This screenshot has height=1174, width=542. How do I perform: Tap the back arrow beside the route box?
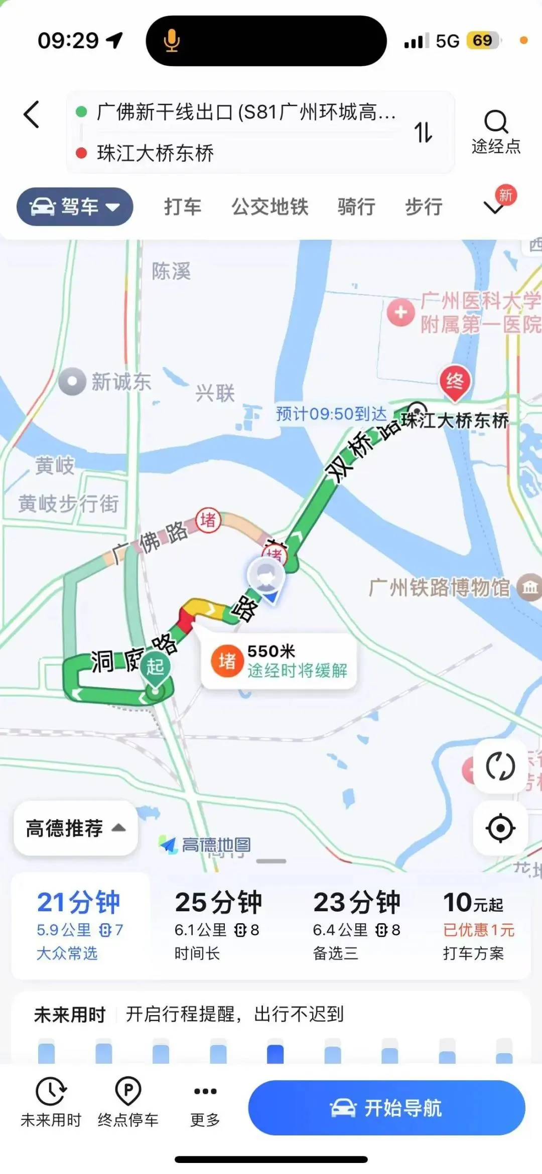pyautogui.click(x=31, y=115)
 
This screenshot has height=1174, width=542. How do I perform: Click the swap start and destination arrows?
pyautogui.click(x=423, y=132)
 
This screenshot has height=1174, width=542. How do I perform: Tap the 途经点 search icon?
pyautogui.click(x=496, y=122)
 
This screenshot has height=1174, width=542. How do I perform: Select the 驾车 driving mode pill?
pyautogui.click(x=75, y=206)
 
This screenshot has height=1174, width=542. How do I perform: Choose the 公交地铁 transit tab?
pyautogui.click(x=269, y=207)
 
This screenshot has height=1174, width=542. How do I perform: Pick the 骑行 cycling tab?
pyautogui.click(x=356, y=207)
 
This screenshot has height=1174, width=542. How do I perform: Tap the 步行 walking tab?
pyautogui.click(x=424, y=207)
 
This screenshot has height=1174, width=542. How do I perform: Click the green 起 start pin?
pyautogui.click(x=155, y=667)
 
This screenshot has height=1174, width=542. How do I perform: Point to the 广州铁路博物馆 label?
pyautogui.click(x=440, y=587)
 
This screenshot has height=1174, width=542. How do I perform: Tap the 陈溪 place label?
pyautogui.click(x=171, y=271)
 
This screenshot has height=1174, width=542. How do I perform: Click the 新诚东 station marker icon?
pyautogui.click(x=72, y=382)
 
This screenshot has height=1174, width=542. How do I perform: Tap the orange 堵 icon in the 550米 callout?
pyautogui.click(x=227, y=660)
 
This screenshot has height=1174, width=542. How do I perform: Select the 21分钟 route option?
pyautogui.click(x=79, y=925)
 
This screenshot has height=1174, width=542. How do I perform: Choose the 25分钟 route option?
pyautogui.click(x=218, y=925)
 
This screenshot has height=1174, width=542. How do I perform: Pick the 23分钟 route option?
pyautogui.click(x=357, y=925)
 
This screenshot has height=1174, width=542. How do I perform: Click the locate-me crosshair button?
pyautogui.click(x=500, y=828)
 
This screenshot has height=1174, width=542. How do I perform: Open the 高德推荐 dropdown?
pyautogui.click(x=75, y=828)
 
